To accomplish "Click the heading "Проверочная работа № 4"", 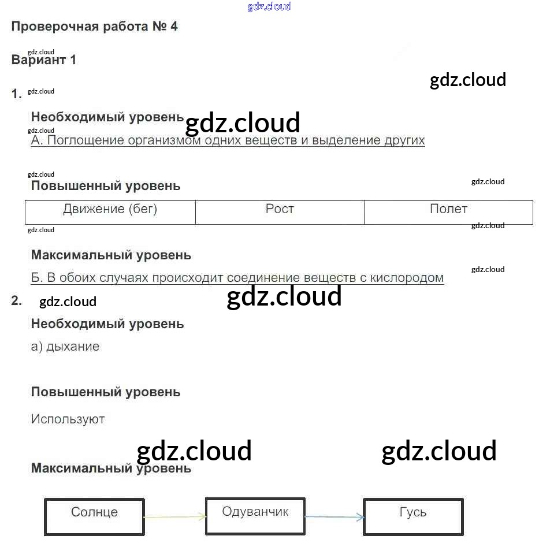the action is tap(94, 27).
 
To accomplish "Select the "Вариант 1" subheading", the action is tap(44, 60).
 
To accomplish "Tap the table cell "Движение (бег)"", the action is tap(110, 209).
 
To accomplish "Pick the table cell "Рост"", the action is tap(280, 209).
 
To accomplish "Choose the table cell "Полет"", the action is tap(448, 209).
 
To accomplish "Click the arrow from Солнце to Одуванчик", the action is tap(174, 517).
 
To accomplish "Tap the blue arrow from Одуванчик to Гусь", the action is tap(334, 517).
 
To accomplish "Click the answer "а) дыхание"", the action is tap(65, 347).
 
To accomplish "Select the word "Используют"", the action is tap(68, 419).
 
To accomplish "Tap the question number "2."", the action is tap(16, 300).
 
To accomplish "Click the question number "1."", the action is tap(17, 94).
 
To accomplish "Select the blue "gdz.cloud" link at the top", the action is tap(269, 6).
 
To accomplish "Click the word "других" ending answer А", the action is tap(404, 140).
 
